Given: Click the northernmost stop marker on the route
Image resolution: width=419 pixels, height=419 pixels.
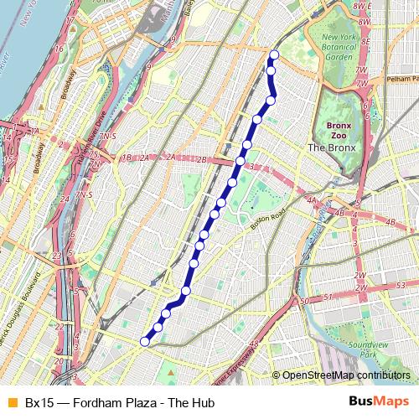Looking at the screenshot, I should point(273,55).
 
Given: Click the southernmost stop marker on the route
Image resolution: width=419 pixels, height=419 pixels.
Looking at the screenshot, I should point(145,341).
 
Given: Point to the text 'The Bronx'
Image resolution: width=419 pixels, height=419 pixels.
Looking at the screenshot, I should point(332,147).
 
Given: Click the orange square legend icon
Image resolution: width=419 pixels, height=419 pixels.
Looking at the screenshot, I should point(11,403).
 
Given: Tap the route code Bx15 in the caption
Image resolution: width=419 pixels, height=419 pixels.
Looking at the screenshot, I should point(39,403).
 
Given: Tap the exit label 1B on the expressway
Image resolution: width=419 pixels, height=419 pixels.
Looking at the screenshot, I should point(127,158).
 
